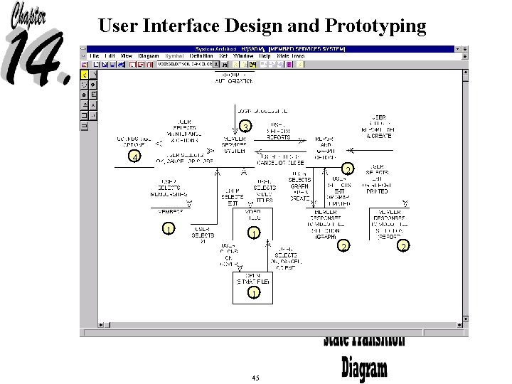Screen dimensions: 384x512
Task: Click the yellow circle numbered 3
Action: [245, 127]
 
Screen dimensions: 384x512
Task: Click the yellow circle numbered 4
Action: [135, 156]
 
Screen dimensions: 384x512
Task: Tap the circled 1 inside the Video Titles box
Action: [253, 233]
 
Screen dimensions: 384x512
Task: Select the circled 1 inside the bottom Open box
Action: [253, 292]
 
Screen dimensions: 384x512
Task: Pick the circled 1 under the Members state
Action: [168, 229]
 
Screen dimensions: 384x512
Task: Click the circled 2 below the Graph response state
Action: [343, 246]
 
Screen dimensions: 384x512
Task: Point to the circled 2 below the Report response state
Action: [403, 246]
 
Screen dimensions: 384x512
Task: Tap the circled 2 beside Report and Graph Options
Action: [348, 169]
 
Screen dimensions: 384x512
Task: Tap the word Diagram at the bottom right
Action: [365, 368]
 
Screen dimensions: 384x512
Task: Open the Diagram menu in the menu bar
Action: [149, 55]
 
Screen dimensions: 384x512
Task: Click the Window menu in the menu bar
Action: [243, 55]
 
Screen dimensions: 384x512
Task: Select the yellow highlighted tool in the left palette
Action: [85, 74]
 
